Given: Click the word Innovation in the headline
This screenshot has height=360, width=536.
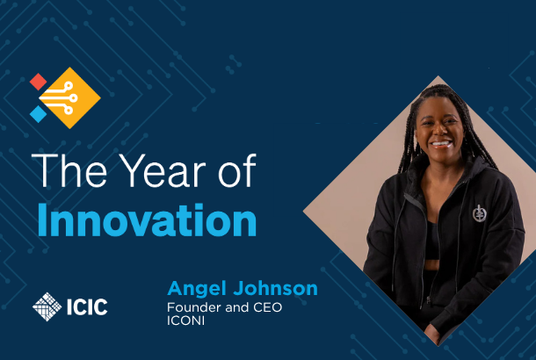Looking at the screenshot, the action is (x=147, y=220).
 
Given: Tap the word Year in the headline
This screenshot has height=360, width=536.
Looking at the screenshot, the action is (x=163, y=170).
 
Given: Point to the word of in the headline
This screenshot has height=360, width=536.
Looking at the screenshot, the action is (x=237, y=170).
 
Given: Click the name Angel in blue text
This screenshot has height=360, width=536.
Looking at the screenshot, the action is (x=197, y=290).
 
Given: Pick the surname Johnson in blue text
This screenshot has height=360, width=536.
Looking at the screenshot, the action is (x=276, y=288).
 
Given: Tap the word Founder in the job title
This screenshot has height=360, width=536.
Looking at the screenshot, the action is (x=194, y=307).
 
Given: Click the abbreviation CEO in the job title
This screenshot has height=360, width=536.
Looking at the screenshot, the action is (x=268, y=307).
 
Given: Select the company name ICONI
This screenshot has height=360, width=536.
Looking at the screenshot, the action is (x=186, y=320).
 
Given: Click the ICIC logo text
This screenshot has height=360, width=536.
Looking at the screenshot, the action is (x=87, y=306).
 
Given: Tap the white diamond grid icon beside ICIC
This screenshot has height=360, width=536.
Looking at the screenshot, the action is (x=47, y=306).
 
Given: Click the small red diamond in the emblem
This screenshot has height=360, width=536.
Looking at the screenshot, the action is (x=38, y=82).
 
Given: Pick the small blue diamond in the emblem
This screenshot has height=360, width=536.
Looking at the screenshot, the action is (x=38, y=114).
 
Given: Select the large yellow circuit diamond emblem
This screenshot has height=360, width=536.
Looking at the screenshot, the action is (x=70, y=98).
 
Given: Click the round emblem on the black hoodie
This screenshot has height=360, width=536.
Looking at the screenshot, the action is (x=479, y=213).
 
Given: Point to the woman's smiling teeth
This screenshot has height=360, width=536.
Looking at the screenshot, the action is (x=442, y=143).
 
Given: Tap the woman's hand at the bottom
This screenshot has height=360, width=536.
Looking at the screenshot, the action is (x=432, y=333).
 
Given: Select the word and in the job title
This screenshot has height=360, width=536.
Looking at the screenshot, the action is (x=237, y=307).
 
